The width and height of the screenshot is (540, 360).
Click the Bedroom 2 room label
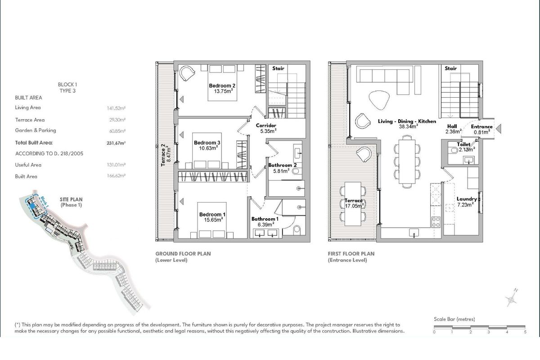[x=222, y=85]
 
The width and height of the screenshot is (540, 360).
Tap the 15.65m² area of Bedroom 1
[x=213, y=220]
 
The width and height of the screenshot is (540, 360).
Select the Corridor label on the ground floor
[x=266, y=126]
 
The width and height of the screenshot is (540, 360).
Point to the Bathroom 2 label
[x=282, y=165]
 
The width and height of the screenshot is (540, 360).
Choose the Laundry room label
[x=467, y=199]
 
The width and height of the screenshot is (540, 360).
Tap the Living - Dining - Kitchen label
[x=407, y=121]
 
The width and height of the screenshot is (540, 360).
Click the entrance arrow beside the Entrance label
[x=499, y=129]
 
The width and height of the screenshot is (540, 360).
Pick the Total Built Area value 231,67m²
[x=116, y=143]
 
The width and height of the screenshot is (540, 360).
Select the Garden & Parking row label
[x=36, y=130]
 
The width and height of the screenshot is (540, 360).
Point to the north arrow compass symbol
[x=511, y=298]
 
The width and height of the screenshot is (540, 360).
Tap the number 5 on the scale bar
[x=525, y=332]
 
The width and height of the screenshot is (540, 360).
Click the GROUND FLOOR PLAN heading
[x=183, y=254]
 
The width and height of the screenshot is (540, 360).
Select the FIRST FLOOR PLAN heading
[x=351, y=254]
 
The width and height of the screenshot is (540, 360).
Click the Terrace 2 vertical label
[x=163, y=155]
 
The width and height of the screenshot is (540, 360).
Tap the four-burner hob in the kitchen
[x=436, y=222]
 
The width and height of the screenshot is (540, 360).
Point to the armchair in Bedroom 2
[x=187, y=73]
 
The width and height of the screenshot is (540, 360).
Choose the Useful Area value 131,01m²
[x=116, y=165]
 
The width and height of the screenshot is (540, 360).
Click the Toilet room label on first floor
[x=463, y=144]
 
